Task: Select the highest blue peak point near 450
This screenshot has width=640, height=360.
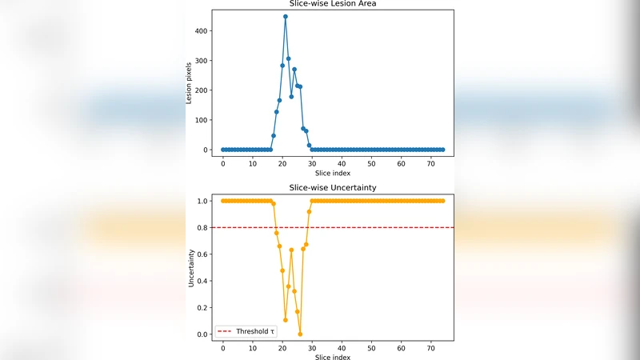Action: [285, 16]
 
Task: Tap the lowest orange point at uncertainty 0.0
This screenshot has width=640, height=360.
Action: [300, 334]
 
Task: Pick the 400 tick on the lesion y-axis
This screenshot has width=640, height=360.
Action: [206, 30]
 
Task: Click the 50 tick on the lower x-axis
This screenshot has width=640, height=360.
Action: [370, 348]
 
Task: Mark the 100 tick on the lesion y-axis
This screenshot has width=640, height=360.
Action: [206, 120]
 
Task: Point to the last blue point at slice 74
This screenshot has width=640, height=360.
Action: [442, 150]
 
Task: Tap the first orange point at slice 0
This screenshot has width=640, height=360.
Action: [223, 201]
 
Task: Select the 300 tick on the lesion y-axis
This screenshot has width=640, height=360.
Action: [206, 60]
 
